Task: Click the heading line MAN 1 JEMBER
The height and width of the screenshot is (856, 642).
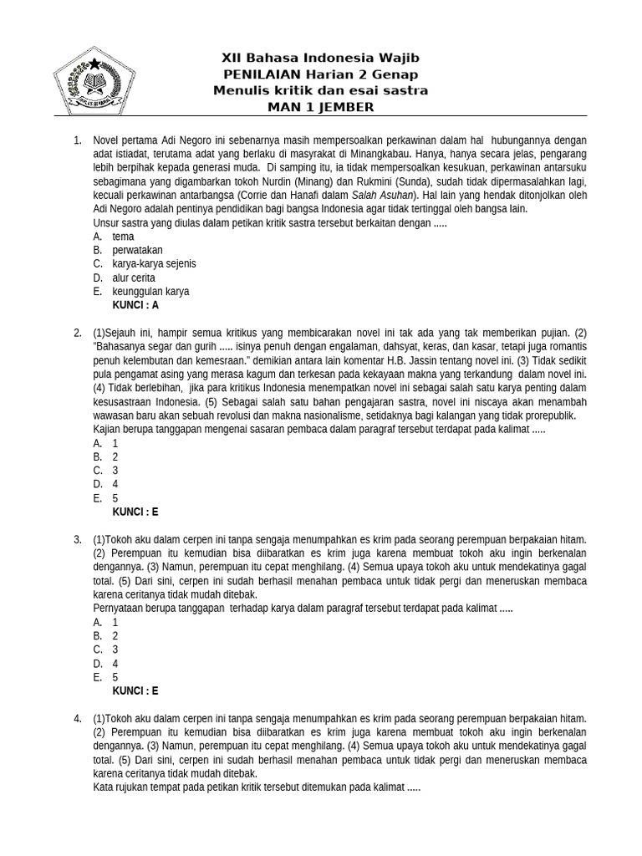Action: [x=320, y=107]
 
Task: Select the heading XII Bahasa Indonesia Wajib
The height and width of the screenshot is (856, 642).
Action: [x=320, y=58]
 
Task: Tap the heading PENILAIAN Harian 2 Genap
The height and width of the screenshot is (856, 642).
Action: [x=320, y=74]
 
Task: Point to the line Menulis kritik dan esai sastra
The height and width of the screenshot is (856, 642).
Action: [x=320, y=90]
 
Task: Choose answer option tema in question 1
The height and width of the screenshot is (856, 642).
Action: [x=123, y=237]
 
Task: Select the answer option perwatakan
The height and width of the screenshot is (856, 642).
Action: [x=137, y=250]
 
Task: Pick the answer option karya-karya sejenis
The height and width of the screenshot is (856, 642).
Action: [x=154, y=263]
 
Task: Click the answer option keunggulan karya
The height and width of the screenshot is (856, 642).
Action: [x=150, y=292]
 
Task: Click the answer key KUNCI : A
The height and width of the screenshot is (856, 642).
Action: [x=135, y=305]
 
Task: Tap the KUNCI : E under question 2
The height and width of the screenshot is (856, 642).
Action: [x=135, y=512]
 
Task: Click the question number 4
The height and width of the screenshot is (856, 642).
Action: [x=78, y=718]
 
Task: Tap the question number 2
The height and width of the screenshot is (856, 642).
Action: [x=78, y=333]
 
